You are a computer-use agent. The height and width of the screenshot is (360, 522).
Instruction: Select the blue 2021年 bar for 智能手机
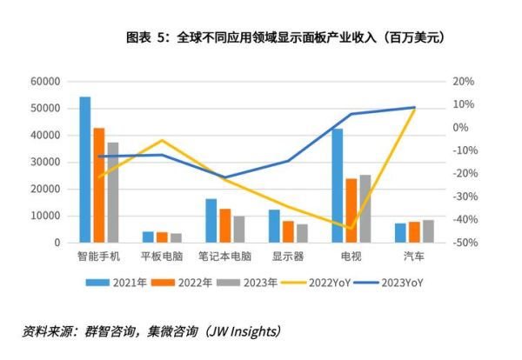tap(85, 170)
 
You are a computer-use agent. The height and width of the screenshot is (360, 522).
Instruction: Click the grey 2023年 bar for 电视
tap(365, 209)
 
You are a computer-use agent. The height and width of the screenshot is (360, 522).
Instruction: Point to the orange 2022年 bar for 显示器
tap(288, 231)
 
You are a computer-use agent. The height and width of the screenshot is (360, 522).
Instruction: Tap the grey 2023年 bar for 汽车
tap(427, 231)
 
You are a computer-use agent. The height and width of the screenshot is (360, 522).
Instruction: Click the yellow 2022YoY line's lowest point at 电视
tap(351, 229)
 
